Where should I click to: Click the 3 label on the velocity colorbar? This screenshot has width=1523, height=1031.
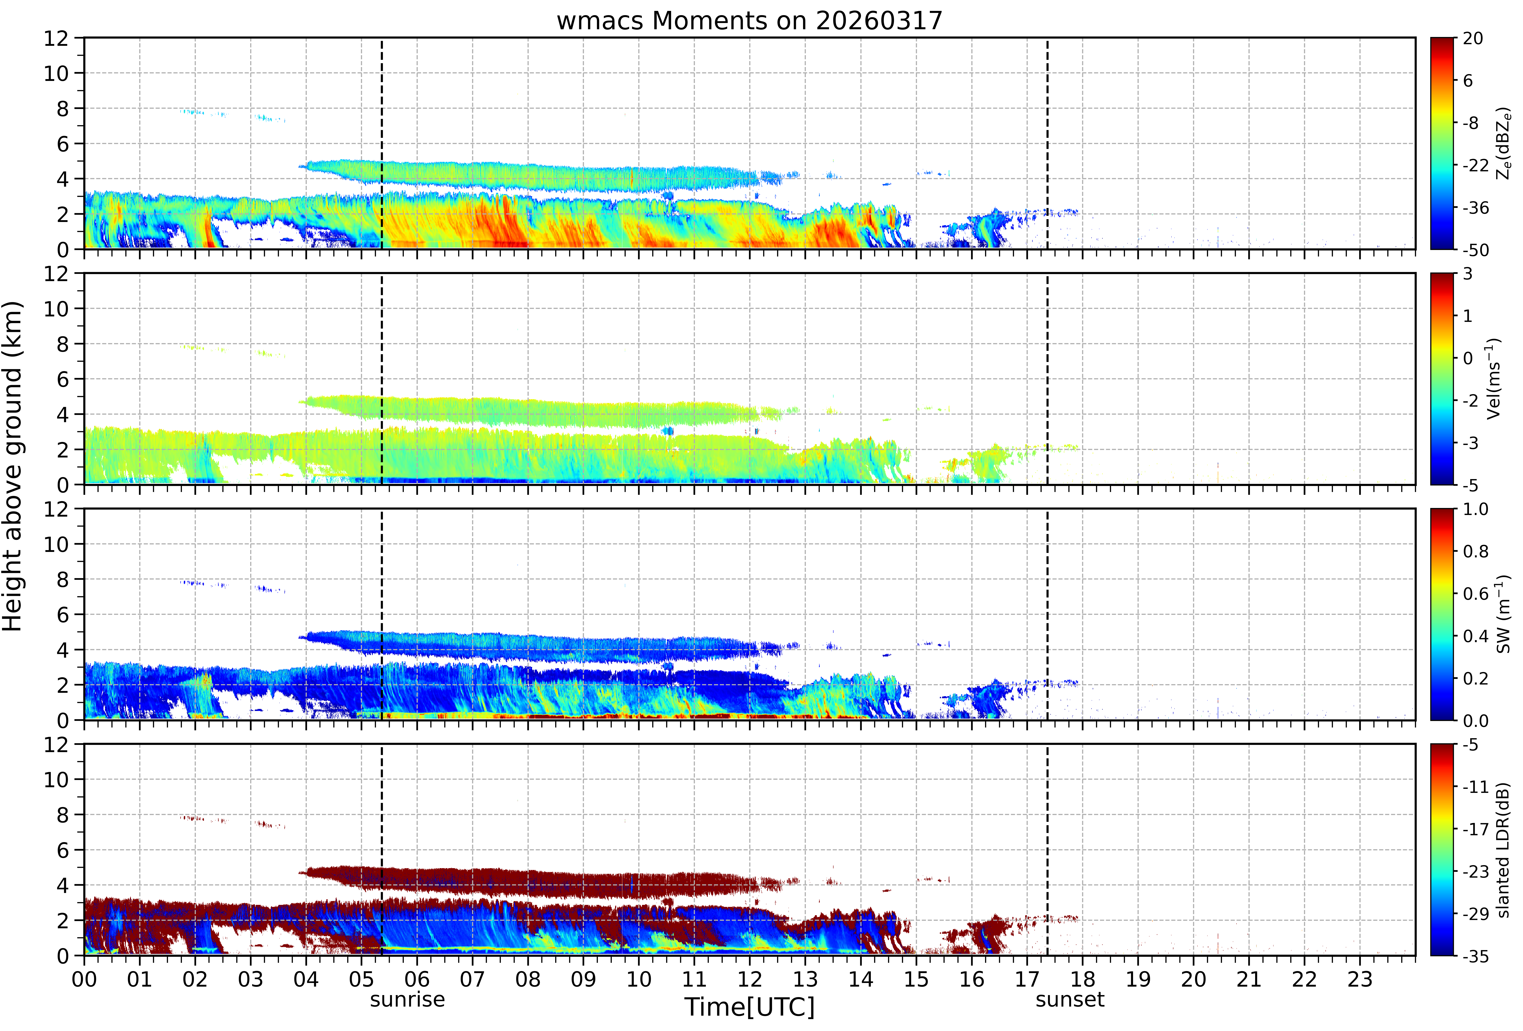pos(1468,274)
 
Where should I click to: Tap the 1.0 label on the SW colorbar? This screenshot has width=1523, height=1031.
pos(1476,509)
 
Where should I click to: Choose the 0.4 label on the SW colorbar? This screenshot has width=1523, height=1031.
pos(1476,636)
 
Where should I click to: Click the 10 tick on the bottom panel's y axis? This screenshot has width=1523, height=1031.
pos(56,780)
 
